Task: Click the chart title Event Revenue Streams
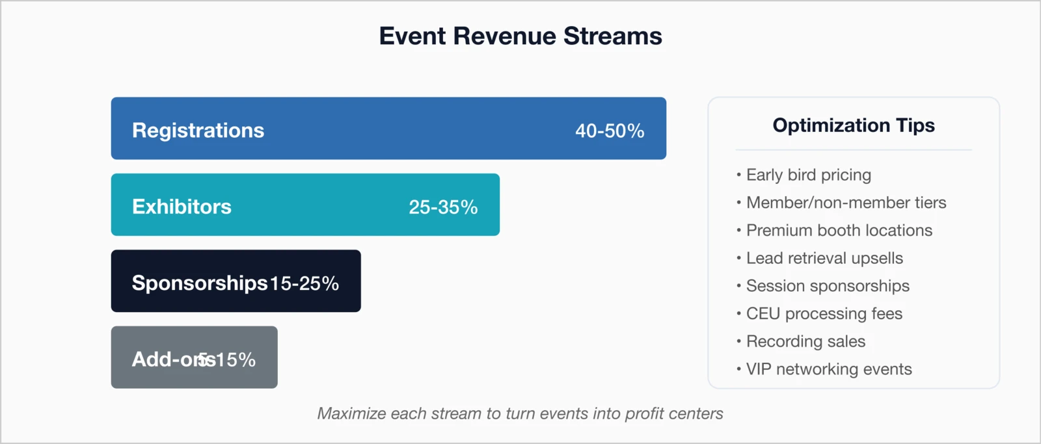[520, 36]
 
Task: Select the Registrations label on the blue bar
[198, 130]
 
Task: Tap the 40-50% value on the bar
[609, 131]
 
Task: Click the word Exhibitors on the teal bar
[182, 207]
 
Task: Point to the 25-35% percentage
[442, 207]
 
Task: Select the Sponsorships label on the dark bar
[199, 283]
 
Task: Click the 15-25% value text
[304, 283]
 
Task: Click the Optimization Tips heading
[853, 125]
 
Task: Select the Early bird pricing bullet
[808, 175]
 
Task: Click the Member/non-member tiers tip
[846, 203]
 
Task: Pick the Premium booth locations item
[839, 230]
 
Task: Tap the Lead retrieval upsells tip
[824, 258]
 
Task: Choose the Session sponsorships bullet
[828, 286]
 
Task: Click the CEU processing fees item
[824, 313]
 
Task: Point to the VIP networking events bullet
[829, 369]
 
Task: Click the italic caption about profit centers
[520, 413]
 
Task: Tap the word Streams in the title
[612, 36]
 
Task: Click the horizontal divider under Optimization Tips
[853, 150]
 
